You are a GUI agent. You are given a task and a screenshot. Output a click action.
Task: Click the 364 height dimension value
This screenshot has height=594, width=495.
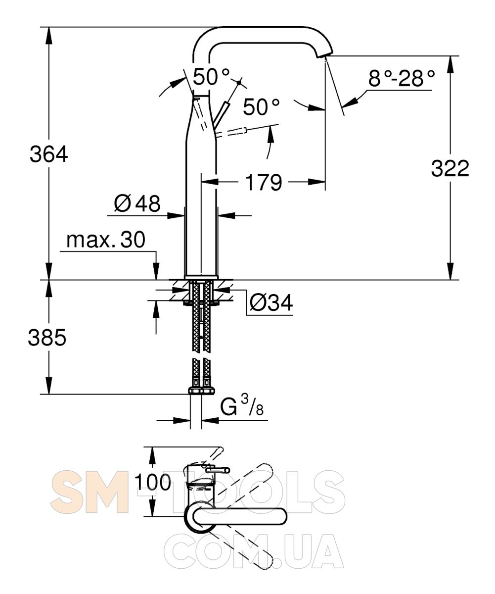pos(49,154)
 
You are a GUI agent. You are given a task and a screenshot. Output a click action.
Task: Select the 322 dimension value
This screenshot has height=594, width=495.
pos(450,168)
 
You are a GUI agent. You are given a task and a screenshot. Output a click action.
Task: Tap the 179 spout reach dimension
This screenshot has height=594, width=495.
pos(264,182)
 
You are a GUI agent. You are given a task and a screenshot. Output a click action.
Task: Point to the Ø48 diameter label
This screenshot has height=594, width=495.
pos(137,203)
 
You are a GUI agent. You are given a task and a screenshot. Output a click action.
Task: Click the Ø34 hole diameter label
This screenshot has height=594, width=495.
pos(271,302)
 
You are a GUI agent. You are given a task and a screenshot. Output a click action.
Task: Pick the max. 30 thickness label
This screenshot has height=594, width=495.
pos(106,240)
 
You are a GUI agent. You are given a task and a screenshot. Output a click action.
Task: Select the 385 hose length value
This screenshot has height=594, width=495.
pos(47,338)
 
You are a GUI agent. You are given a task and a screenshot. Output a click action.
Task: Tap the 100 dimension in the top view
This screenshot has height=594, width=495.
pos(153,482)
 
